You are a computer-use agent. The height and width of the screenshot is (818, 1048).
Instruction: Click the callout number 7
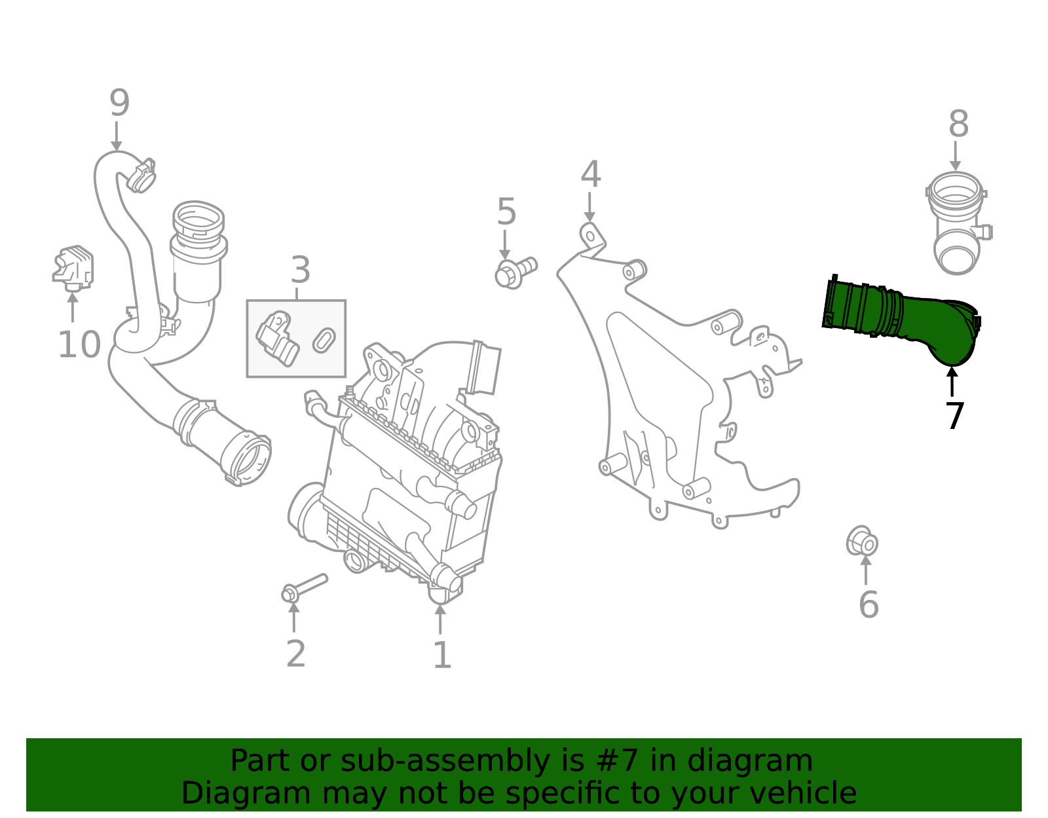pos(955,417)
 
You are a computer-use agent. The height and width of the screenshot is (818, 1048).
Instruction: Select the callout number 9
pos(119,103)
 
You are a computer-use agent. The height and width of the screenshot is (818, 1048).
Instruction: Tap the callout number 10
pos(79,344)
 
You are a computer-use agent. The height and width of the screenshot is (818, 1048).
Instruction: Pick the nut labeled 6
pos(861,542)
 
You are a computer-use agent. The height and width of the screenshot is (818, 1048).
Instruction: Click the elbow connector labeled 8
pos(956,223)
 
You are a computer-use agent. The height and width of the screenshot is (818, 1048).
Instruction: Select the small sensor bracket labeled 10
pos(73,267)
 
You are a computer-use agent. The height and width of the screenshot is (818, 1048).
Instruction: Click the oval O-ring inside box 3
pos(324,340)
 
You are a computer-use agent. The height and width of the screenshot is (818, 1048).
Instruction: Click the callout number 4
pos(590,174)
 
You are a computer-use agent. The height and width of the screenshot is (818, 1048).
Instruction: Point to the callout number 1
pos(442,655)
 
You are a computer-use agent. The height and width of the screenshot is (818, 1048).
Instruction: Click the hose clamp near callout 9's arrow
pos(141,175)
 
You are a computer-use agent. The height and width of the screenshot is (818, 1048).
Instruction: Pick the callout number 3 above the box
pos(300,270)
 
